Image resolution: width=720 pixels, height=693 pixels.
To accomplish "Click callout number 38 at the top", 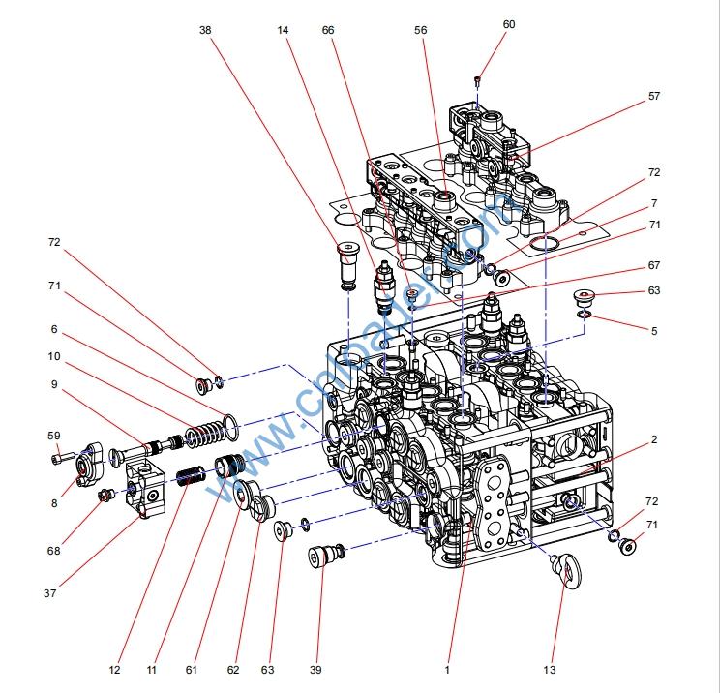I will (204, 30).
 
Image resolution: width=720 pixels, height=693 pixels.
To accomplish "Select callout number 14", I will (283, 30).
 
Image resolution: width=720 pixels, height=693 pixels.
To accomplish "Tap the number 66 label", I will (328, 30).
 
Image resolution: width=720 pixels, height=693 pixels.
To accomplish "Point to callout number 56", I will (420, 30).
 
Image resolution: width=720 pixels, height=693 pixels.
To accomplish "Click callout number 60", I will (509, 24).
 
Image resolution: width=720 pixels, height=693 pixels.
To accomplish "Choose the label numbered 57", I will (654, 97).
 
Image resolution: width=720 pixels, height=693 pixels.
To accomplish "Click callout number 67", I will (654, 266).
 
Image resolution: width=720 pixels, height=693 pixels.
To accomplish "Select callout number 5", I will (654, 331).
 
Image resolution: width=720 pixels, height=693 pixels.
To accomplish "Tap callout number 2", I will (654, 439).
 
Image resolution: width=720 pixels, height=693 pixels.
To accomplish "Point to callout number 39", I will (315, 668).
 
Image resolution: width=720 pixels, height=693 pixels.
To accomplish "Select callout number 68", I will (53, 551).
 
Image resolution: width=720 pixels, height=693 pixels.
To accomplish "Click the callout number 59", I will (54, 436).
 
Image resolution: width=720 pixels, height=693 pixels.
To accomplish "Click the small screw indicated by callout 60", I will (478, 79).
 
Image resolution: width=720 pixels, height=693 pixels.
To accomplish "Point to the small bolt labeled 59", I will (63, 457).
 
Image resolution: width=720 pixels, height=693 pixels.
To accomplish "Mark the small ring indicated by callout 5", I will (585, 314).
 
